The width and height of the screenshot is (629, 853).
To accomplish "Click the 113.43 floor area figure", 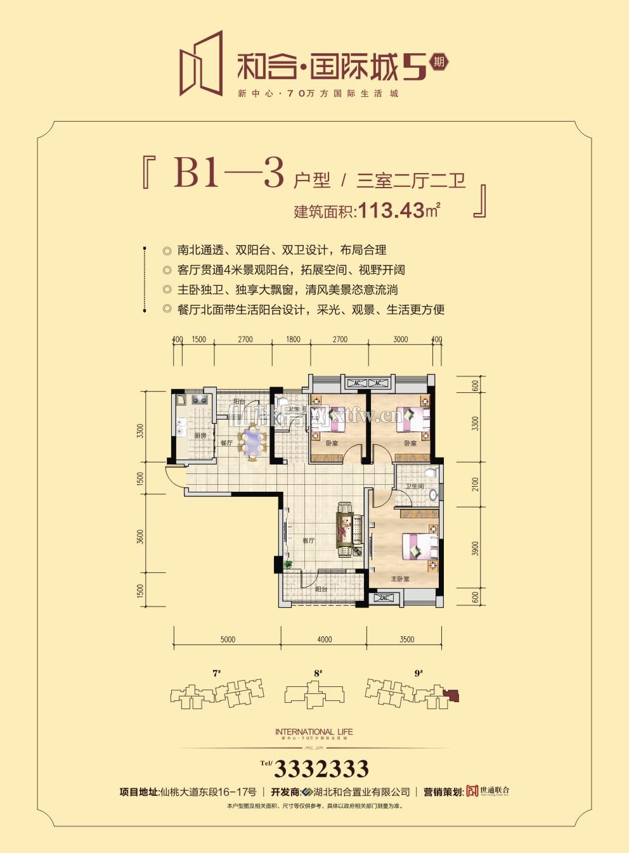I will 391,210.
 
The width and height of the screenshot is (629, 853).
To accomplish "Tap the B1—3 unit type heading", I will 228,172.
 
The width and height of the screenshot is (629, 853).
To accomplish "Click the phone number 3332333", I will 321,769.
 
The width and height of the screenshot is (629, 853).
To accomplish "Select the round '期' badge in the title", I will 438,62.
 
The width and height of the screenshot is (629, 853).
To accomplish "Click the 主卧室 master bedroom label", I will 399,579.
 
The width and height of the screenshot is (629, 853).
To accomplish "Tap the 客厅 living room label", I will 308,541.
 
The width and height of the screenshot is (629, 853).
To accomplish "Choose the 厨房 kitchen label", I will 200,436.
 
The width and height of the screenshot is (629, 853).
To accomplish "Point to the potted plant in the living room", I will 288,564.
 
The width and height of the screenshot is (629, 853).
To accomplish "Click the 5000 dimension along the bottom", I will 228,639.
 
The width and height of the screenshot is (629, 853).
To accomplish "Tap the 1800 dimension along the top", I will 293,340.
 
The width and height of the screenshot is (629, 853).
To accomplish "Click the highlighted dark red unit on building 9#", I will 453,696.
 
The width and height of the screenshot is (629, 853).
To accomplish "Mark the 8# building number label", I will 318,673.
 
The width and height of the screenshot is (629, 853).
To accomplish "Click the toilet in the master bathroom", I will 431,474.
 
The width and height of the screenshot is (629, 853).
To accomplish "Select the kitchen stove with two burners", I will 200,400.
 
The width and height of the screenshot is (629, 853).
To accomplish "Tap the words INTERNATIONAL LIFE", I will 314,732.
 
